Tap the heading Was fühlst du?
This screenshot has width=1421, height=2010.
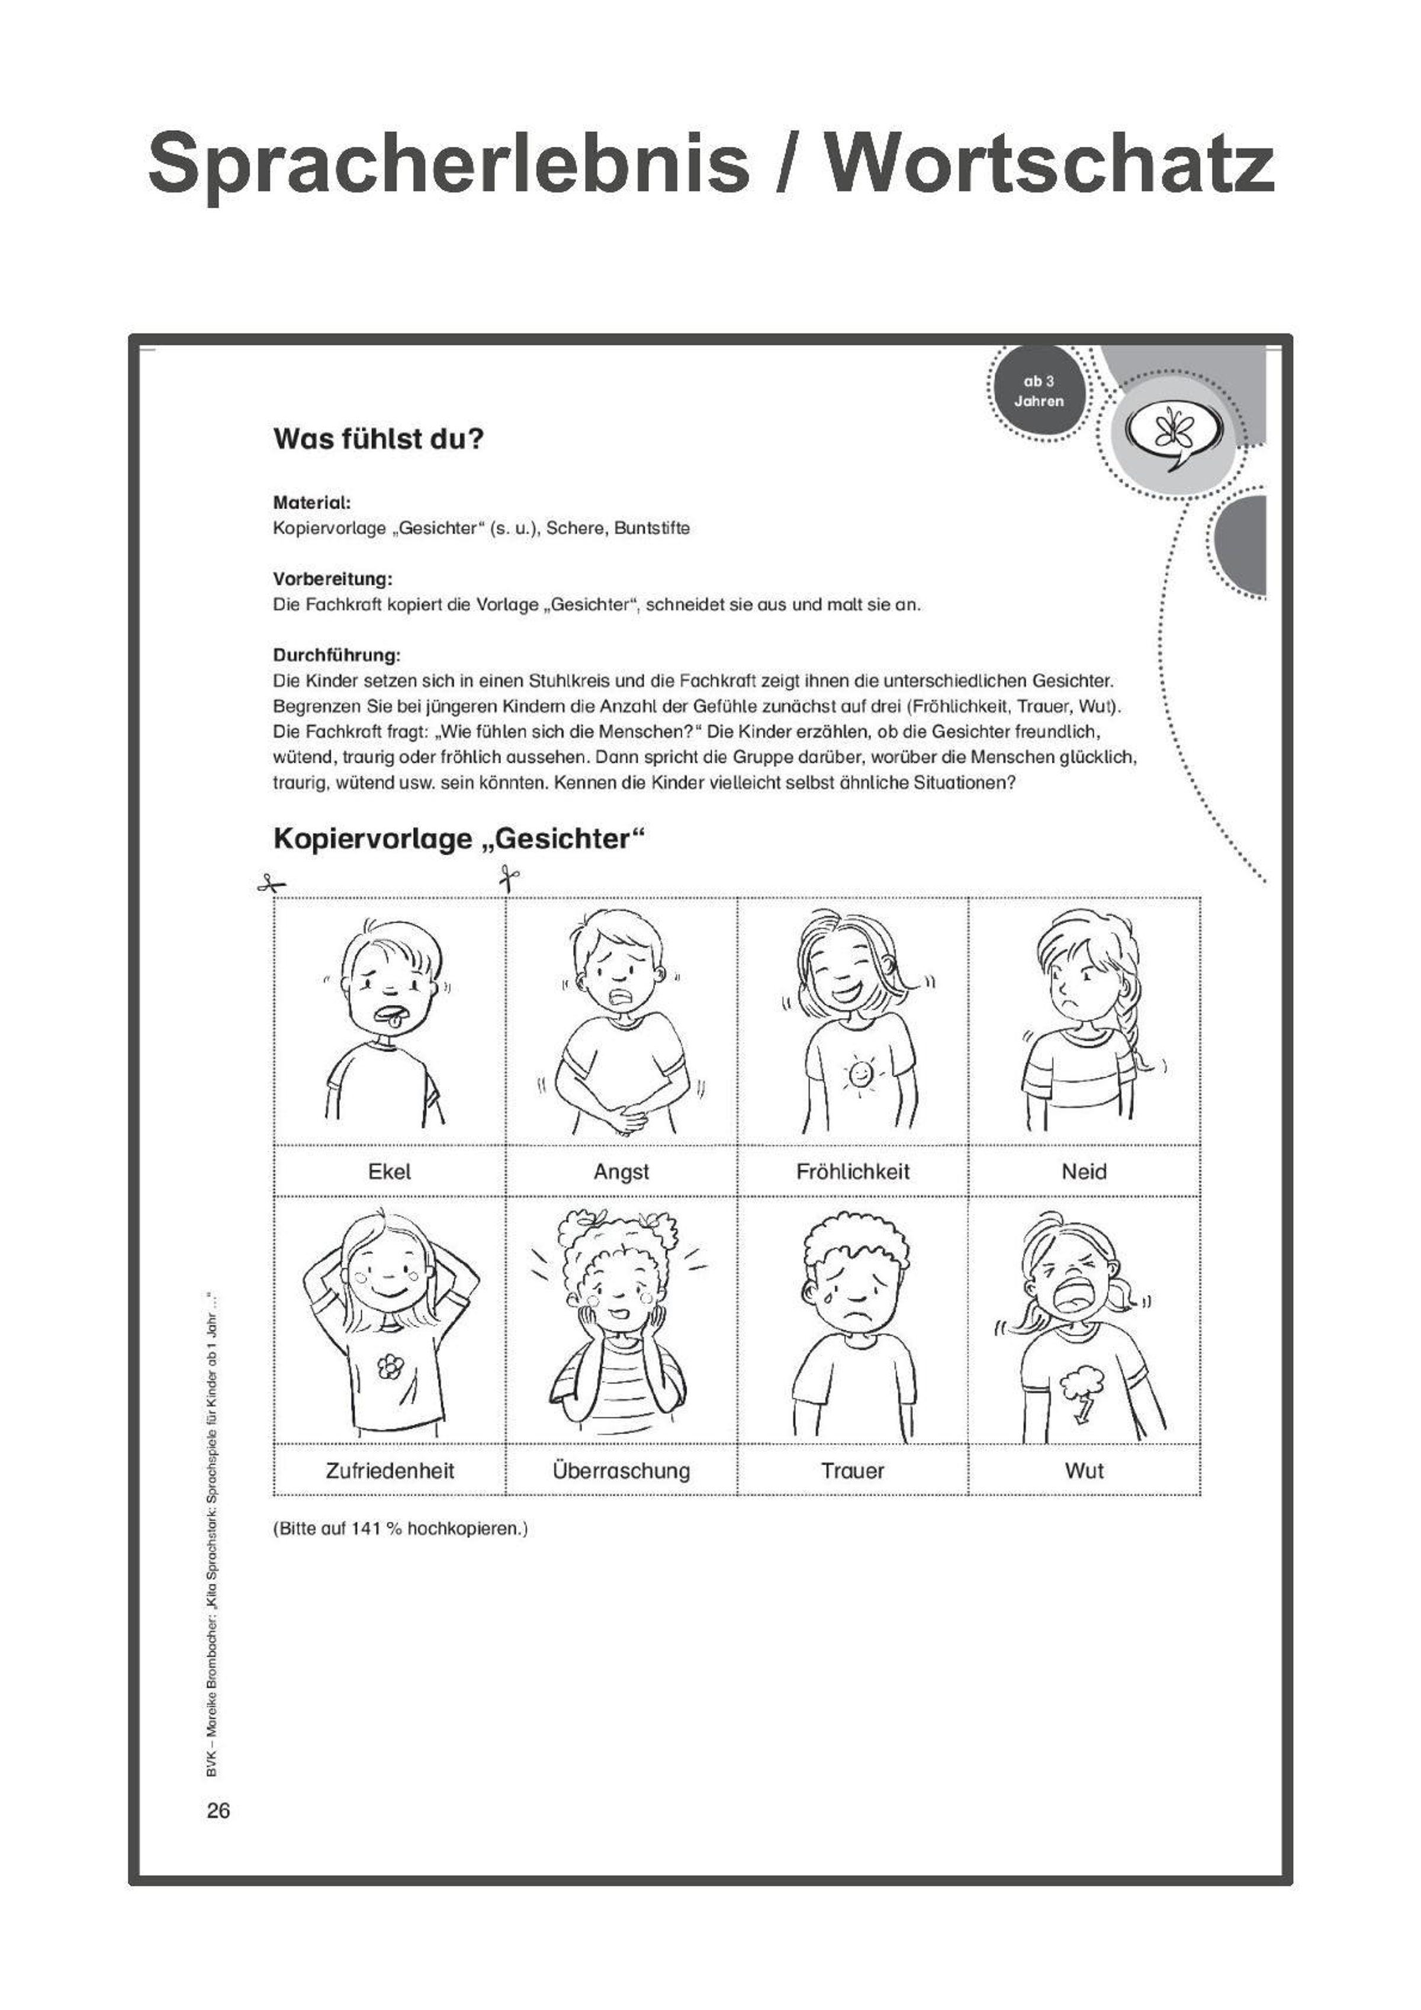click(378, 438)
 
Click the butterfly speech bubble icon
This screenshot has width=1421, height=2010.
click(1174, 433)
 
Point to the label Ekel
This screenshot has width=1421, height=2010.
click(390, 1171)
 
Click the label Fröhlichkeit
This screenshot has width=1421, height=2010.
click(853, 1171)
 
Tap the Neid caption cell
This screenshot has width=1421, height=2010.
click(1084, 1171)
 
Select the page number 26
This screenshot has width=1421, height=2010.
click(219, 1811)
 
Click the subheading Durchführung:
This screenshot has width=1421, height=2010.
click(336, 655)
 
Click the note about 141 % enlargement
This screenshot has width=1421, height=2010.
click(400, 1528)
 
